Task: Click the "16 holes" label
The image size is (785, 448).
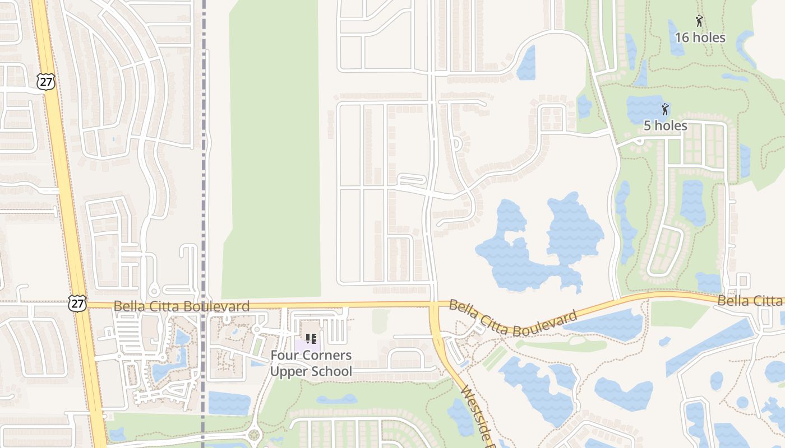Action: coord(700,38)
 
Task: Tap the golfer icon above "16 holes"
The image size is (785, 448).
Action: coord(699,21)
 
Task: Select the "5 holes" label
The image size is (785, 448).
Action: coord(665,125)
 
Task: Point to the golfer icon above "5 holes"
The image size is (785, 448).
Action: coord(666,109)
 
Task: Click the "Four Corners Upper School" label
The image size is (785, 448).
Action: coord(311,363)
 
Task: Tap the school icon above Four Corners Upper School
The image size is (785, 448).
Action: coord(311,338)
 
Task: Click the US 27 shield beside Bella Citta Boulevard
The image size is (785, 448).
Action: coord(77,304)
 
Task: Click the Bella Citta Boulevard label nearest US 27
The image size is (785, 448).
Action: coord(181,306)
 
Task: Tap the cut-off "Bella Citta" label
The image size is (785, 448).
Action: coord(750,301)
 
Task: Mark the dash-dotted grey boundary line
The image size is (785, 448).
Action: coord(204,168)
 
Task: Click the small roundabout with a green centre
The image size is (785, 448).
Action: coord(254,434)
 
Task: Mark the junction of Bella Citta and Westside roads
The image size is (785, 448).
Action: coord(435,305)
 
